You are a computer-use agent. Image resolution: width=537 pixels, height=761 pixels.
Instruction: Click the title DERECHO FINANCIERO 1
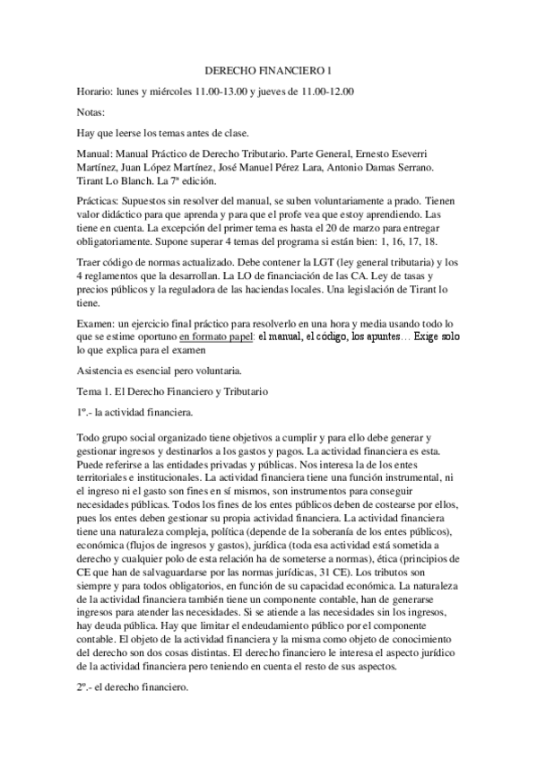(x=268, y=70)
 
